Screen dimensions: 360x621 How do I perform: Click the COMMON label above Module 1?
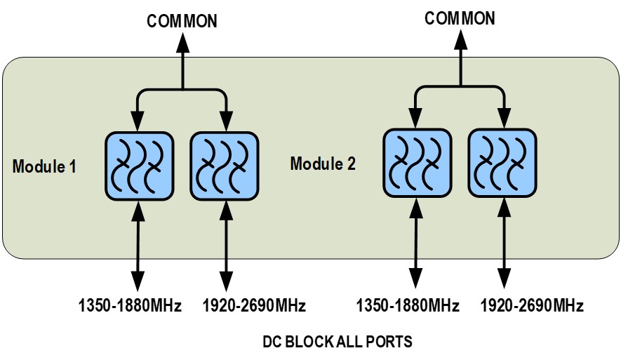tap(182, 21)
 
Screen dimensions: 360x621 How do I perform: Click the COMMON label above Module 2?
tap(460, 18)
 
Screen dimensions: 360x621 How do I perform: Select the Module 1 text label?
tap(44, 167)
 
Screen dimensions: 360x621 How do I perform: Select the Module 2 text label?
tap(323, 164)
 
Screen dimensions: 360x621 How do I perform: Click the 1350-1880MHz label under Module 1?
tap(130, 306)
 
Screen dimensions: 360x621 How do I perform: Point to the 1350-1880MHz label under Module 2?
tap(408, 306)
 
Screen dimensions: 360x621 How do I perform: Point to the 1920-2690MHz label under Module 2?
tap(533, 306)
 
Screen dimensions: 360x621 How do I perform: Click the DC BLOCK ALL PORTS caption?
tap(338, 342)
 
